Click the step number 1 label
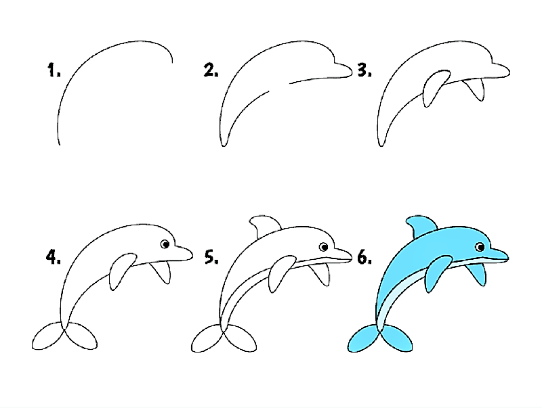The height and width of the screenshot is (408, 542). tap(54, 70)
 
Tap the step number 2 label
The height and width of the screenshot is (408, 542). tap(211, 70)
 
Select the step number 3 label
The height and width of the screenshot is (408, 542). tap(366, 70)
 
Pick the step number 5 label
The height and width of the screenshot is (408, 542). tap(211, 257)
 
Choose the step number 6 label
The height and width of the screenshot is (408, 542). tap(364, 257)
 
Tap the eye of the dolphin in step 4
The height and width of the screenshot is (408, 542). tap(165, 245)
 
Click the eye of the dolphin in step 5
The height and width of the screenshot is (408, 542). tap(324, 246)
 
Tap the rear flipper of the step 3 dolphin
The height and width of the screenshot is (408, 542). tap(478, 89)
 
